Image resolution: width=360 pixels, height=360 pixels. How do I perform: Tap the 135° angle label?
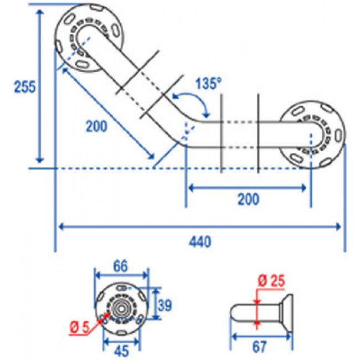point(209,83)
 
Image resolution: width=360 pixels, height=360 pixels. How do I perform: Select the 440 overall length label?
point(201,242)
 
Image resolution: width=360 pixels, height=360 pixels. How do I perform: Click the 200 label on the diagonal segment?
point(96,126)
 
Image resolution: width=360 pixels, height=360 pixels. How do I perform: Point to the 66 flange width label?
point(120,266)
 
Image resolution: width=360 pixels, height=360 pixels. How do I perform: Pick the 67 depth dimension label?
point(259,347)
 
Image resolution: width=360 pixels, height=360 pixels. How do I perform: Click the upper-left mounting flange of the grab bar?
point(89,38)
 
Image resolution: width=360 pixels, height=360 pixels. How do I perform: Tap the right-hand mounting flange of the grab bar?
point(311,135)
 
